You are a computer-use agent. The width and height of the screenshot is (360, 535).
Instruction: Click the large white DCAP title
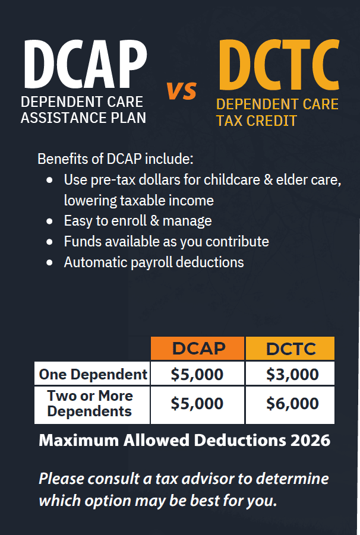pyautogui.click(x=86, y=64)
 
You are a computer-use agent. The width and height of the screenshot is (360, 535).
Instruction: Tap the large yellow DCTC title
pyautogui.click(x=279, y=65)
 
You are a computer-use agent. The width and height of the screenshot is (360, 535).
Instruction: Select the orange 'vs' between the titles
pyautogui.click(x=182, y=91)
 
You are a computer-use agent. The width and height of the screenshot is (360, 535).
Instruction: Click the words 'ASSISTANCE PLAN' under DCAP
pyautogui.click(x=83, y=118)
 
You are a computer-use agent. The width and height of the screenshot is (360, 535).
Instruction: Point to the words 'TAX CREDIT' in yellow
pyautogui.click(x=257, y=121)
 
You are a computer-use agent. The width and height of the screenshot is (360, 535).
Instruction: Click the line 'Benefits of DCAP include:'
pyautogui.click(x=115, y=159)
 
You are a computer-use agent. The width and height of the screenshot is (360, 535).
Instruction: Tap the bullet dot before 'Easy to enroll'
pyautogui.click(x=50, y=221)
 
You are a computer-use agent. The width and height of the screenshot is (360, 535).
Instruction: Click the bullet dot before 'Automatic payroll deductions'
pyautogui.click(x=50, y=262)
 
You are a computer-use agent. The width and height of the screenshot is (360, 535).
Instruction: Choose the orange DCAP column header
pyautogui.click(x=198, y=349)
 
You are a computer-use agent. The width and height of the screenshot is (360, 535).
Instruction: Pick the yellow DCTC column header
pyautogui.click(x=290, y=349)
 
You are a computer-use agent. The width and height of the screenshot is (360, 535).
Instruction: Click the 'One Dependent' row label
pyautogui.click(x=93, y=374)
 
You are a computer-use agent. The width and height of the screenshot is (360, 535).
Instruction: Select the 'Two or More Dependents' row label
pyautogui.click(x=90, y=404)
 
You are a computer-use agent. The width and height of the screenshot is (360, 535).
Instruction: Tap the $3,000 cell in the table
pyautogui.click(x=292, y=374)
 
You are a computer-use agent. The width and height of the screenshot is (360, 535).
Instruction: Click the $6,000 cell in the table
pyautogui.click(x=292, y=404)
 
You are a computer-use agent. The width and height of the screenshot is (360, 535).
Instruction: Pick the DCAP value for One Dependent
pyautogui.click(x=197, y=374)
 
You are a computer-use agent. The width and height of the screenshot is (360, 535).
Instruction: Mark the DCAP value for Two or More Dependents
pyautogui.click(x=197, y=404)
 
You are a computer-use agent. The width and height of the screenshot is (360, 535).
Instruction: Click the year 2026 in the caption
pyautogui.click(x=311, y=441)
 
